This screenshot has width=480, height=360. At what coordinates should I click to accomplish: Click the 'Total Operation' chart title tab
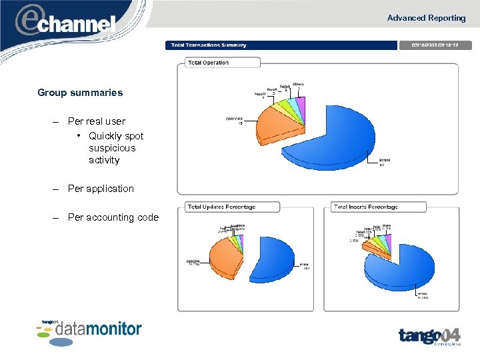click(209, 63)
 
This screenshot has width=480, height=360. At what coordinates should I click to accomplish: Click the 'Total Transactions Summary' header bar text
click(209, 45)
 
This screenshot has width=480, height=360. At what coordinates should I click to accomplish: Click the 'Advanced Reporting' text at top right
click(426, 18)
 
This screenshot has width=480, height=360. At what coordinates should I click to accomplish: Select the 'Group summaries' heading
click(80, 93)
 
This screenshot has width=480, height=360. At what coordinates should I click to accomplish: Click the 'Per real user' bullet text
click(96, 121)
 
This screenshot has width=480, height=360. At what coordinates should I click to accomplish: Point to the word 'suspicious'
click(111, 148)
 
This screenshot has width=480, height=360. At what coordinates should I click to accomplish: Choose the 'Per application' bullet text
click(101, 189)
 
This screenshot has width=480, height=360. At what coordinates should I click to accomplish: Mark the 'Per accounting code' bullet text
click(113, 217)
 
